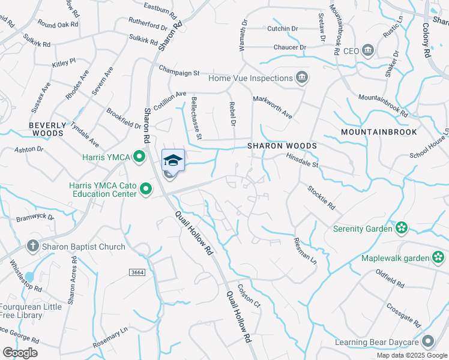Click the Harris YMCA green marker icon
pos(140,158)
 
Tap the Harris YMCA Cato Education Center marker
pos(146,190)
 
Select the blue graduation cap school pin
pos(173,160)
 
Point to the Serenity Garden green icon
pos(402,228)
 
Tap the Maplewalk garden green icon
pos(439,258)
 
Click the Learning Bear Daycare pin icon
pos(427,342)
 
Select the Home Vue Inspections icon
pos(302,78)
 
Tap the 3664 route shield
pos(137,272)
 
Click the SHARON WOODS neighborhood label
pos(282,146)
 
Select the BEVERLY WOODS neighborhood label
pos(47,129)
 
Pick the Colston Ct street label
pos(249,296)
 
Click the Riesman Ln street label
pos(304,250)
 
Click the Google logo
pos(20,352)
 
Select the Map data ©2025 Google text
pos(412,355)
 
